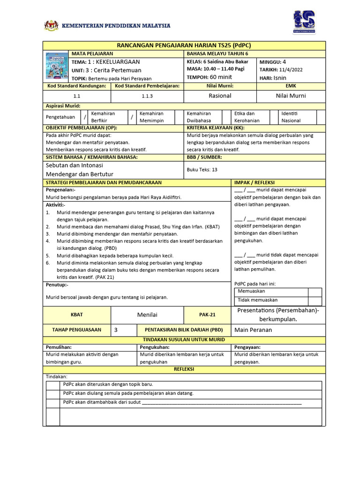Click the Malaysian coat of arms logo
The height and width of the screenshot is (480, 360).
click(x=51, y=25)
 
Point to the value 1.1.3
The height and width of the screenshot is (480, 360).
click(x=147, y=96)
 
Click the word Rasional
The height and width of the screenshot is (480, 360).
click(x=220, y=96)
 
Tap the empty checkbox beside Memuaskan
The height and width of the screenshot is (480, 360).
click(x=315, y=292)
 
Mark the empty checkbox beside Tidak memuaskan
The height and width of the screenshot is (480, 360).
click(x=315, y=300)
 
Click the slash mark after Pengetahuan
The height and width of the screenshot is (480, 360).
click(x=85, y=117)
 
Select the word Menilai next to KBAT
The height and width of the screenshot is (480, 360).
click(x=147, y=315)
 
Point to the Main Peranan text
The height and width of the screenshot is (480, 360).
click(x=253, y=330)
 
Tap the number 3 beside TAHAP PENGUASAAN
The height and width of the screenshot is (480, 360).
click(x=116, y=330)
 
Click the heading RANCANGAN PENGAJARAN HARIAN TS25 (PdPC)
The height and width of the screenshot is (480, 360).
click(x=184, y=45)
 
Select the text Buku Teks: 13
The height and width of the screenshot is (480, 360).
click(x=202, y=170)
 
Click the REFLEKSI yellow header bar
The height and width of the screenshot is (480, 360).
click(x=184, y=369)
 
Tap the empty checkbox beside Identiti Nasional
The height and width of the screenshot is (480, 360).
click(x=321, y=117)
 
